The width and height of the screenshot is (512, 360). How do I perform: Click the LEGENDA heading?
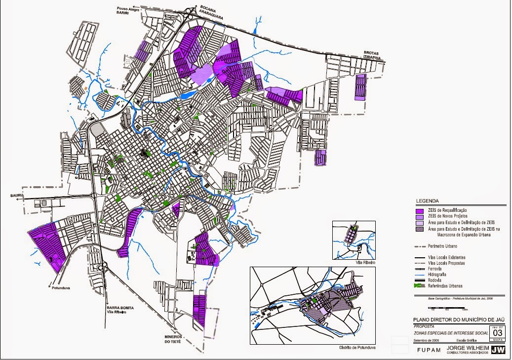point(427,201)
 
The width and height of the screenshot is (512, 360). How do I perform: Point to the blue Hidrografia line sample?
point(420,275)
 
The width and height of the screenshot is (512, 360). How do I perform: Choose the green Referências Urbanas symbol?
point(420,286)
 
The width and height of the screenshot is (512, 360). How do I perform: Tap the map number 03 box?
point(497,332)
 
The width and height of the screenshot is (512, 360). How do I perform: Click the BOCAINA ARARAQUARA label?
point(212,12)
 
